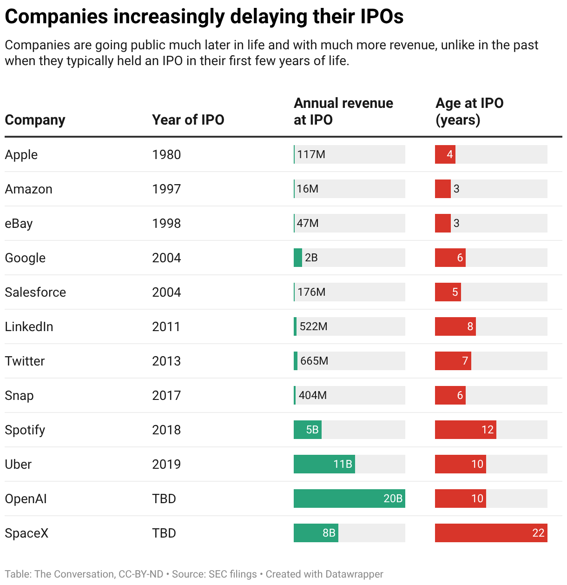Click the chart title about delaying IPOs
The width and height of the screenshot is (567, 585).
[204, 17]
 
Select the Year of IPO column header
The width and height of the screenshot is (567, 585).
[188, 120]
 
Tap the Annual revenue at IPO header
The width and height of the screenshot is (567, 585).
[343, 111]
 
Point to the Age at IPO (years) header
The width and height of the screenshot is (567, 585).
[469, 111]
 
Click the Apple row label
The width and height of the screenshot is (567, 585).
[21, 154]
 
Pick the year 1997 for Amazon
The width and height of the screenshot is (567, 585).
[166, 189]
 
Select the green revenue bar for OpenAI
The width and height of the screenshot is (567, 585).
[349, 499]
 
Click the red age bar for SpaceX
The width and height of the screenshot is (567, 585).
[491, 533]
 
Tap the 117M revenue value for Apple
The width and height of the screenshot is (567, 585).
[311, 154]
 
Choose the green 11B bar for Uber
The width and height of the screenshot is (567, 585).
[324, 464]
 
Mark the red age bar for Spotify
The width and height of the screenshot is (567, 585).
[465, 430]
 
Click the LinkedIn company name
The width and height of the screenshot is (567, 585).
[29, 326]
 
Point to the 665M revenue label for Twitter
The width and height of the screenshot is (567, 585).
[314, 361]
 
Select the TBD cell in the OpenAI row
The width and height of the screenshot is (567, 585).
[164, 499]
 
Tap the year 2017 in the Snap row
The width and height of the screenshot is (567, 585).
[166, 395]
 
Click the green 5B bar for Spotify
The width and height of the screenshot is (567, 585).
[307, 430]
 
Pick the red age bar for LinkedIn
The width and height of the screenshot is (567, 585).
[455, 326]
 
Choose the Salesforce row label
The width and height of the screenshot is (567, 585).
[35, 292]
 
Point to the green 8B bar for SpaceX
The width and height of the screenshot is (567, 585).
[316, 533]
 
